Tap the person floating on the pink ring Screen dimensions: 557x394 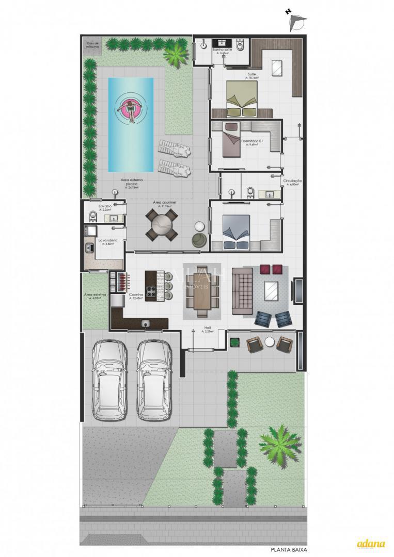(131, 109)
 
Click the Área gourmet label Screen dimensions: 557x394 (165, 203)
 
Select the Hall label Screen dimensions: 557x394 (208, 327)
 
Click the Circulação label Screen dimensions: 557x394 (292, 182)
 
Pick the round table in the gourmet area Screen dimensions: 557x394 (162, 225)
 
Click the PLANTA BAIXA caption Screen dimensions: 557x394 (289, 550)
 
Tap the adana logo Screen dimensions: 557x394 (371, 544)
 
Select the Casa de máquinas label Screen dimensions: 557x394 (93, 45)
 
